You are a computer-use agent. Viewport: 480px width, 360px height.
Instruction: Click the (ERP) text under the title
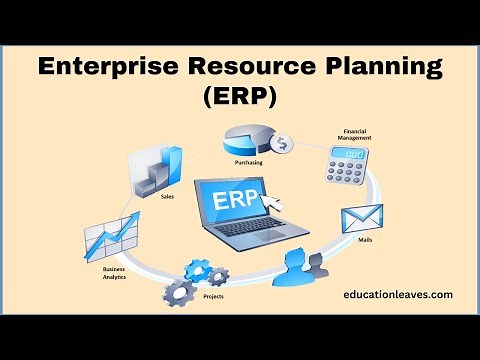point(240,100)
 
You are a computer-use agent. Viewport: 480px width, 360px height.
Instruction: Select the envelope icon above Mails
point(360,221)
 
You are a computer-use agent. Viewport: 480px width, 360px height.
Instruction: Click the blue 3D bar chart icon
point(164,169)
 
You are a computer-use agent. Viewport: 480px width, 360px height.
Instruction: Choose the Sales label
point(168,197)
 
